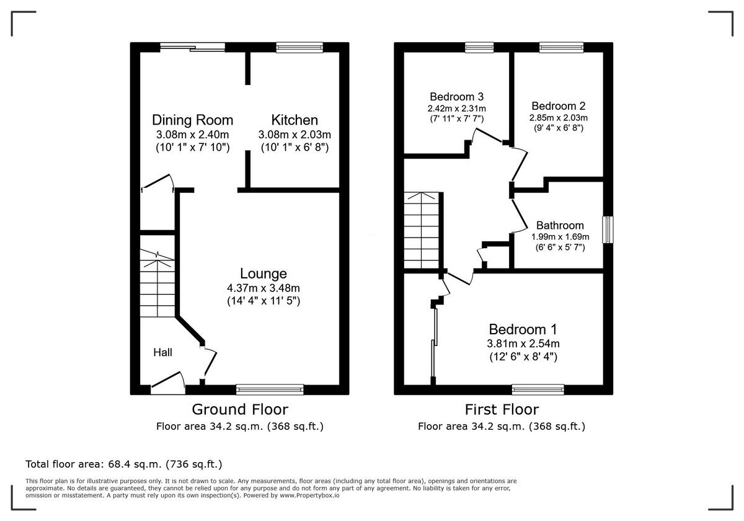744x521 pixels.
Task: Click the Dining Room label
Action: [192, 120]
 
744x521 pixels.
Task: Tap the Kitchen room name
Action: [294, 120]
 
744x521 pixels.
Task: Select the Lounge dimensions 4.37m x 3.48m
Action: [263, 288]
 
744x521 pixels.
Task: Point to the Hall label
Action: [163, 352]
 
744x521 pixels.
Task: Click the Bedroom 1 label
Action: [523, 329]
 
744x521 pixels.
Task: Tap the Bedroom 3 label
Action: [456, 97]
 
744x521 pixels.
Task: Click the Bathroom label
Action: [560, 225]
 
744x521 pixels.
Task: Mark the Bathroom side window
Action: [608, 229]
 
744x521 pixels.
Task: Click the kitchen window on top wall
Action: [299, 47]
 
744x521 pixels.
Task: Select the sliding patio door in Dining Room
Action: [192, 47]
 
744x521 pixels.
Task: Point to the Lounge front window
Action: [270, 390]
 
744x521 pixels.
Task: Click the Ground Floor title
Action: [239, 409]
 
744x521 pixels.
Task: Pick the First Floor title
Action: [502, 409]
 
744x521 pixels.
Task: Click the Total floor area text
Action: [123, 464]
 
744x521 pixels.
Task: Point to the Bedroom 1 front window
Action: [538, 390]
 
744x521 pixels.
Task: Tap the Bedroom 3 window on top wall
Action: [479, 47]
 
